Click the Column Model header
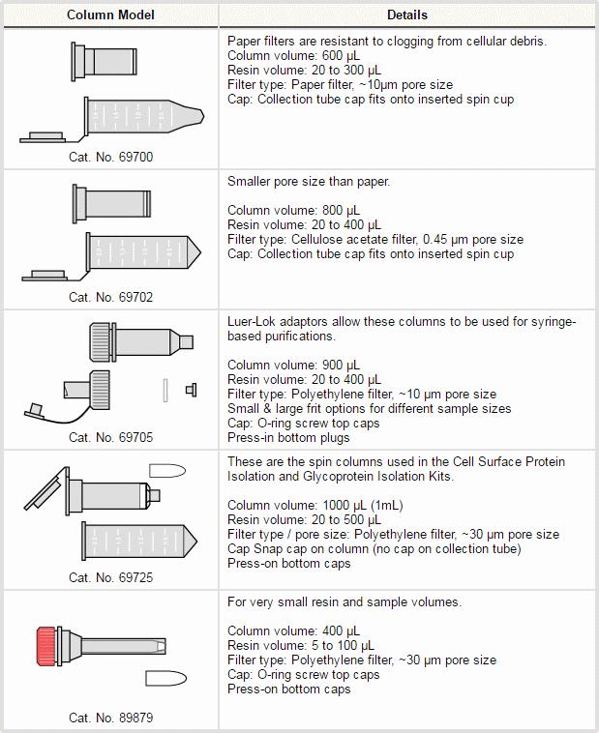110,15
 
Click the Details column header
406,15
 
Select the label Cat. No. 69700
110,157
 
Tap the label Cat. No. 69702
110,297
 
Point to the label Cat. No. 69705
110,437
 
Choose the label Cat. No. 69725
110,577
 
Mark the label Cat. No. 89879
110,718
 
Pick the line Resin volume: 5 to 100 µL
301,645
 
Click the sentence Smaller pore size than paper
309,181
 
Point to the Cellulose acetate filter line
374,239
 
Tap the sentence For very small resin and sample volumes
344,602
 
